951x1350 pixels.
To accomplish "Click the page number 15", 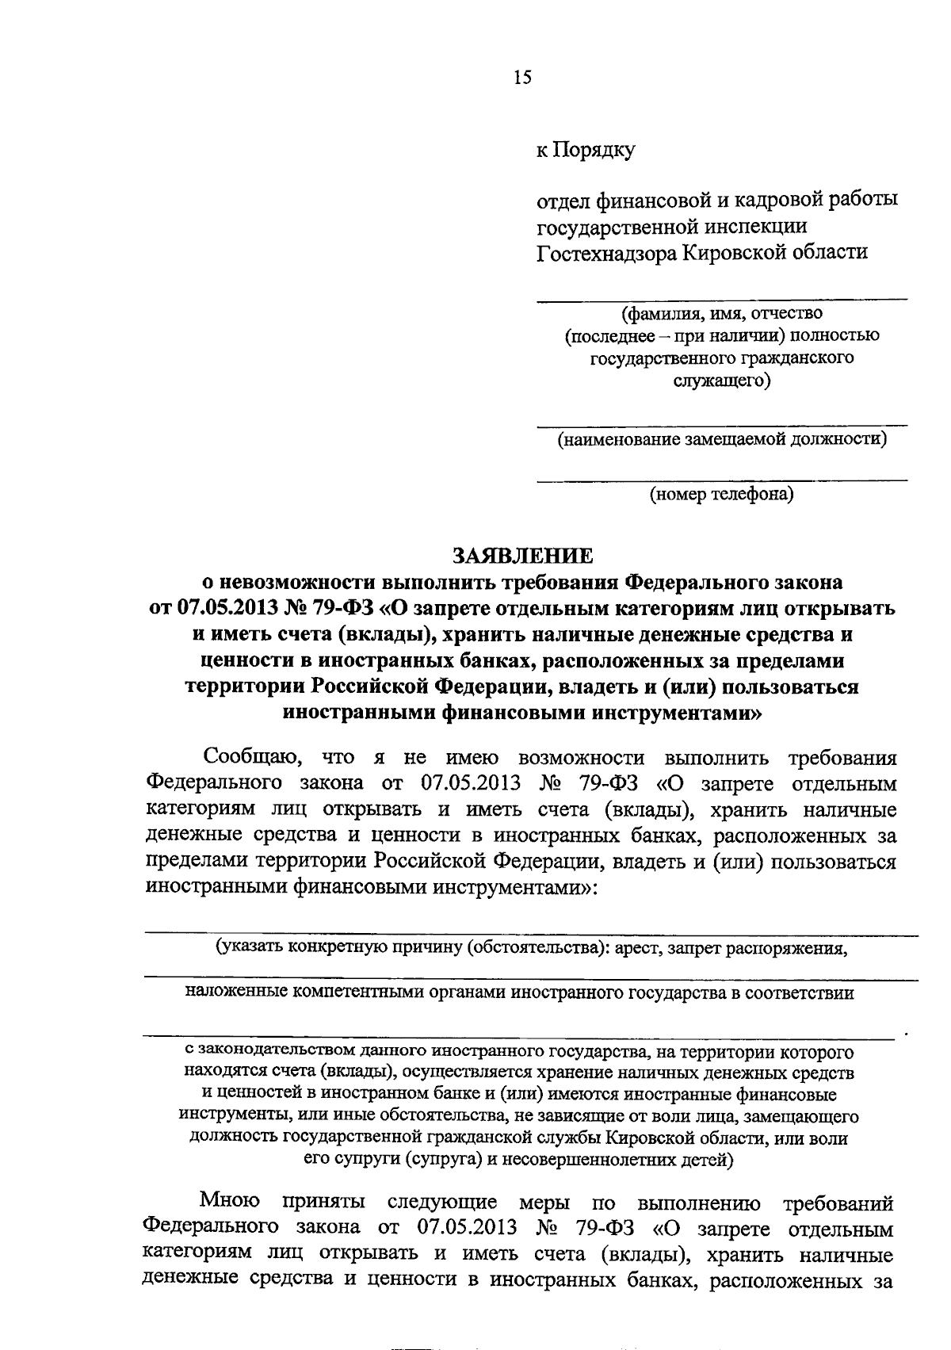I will [522, 77].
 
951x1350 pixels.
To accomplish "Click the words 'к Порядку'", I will [586, 150].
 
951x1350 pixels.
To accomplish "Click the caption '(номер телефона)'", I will [721, 495].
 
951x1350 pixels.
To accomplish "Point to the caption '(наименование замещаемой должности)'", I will [721, 438].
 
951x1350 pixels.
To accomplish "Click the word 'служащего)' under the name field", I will [721, 381].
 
